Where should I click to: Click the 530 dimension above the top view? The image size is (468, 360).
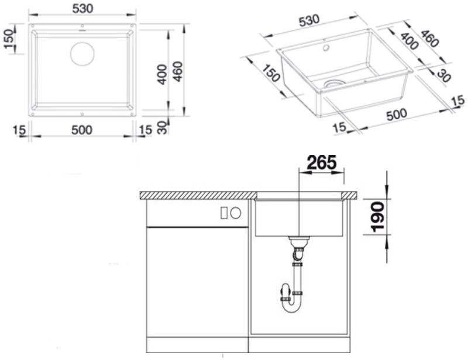[x=82, y=9]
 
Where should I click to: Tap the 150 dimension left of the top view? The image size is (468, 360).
[x=9, y=39]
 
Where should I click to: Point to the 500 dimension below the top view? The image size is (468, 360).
[x=82, y=130]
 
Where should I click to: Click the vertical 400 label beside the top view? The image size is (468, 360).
[x=162, y=74]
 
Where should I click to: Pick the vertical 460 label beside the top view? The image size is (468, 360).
[x=178, y=71]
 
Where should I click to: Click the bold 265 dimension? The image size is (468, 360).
[x=321, y=162]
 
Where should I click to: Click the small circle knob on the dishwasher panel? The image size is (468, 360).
[x=236, y=213]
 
